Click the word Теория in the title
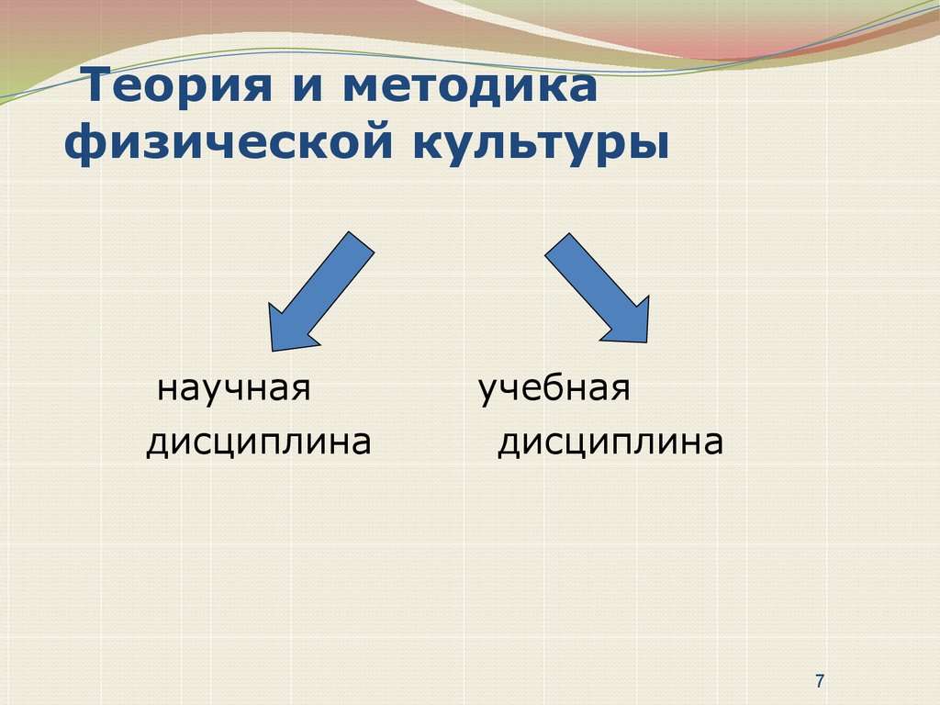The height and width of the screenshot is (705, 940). pyautogui.click(x=178, y=85)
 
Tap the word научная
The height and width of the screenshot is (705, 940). pyautogui.click(x=234, y=388)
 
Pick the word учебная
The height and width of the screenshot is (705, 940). pyautogui.click(x=554, y=388)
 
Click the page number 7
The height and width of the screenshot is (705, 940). pyautogui.click(x=820, y=681)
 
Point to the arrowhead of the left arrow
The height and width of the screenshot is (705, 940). pyautogui.click(x=273, y=351)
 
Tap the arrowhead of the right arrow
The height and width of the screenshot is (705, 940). pyautogui.click(x=647, y=342)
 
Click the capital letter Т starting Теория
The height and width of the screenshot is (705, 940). pyautogui.click(x=98, y=85)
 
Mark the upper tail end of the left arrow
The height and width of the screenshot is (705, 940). pyautogui.click(x=362, y=241)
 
